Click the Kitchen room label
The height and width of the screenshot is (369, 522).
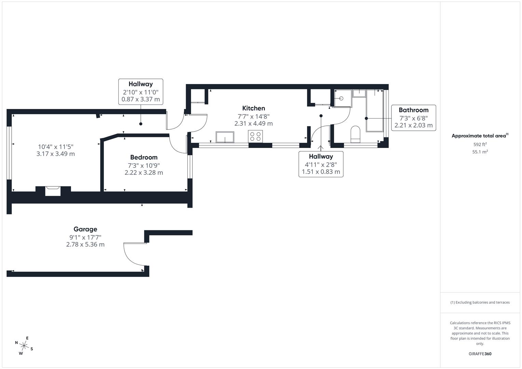(x=253, y=108)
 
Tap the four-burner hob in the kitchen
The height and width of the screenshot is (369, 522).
(x=255, y=136)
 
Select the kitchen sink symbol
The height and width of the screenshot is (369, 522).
(x=225, y=137)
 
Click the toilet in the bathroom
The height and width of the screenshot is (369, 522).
(x=356, y=134)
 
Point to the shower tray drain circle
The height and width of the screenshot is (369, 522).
(x=341, y=98)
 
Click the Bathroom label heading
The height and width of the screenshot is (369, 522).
(x=413, y=110)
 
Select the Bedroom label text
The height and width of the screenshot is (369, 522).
(x=144, y=158)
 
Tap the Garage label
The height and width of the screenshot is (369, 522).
(x=85, y=229)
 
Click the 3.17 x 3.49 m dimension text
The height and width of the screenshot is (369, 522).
(x=55, y=154)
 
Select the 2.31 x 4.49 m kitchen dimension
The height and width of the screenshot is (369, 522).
(x=253, y=124)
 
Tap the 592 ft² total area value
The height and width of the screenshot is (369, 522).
(x=480, y=145)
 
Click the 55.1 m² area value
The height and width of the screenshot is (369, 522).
(x=480, y=152)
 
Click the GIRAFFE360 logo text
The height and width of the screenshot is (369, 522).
(x=480, y=354)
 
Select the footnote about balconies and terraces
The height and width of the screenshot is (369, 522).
(x=480, y=302)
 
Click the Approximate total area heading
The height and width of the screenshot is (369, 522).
(x=479, y=136)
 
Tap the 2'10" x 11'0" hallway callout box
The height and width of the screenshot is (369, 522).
(x=140, y=92)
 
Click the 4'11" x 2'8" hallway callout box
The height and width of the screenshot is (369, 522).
(x=321, y=164)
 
